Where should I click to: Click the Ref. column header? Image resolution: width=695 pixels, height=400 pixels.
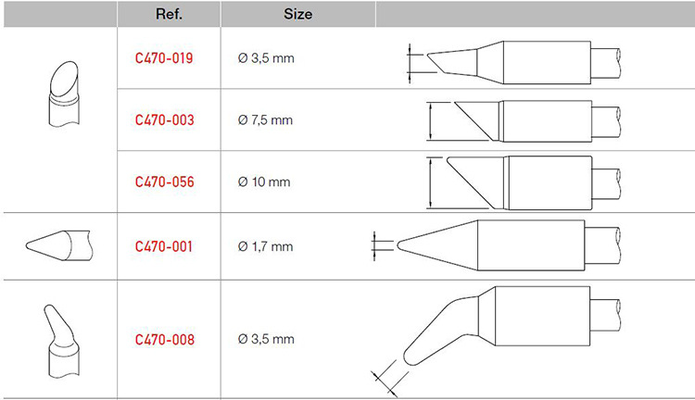(x=169, y=14)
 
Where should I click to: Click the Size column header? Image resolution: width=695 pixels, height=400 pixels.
(x=297, y=14)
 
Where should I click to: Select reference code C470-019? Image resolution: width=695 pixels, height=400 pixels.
(x=164, y=58)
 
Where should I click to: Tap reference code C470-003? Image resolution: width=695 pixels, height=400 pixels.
(x=164, y=120)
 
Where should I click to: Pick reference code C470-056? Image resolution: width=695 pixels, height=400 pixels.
(x=164, y=181)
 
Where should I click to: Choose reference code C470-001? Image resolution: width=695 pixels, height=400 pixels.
(x=163, y=246)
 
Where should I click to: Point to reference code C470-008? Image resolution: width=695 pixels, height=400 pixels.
(x=164, y=339)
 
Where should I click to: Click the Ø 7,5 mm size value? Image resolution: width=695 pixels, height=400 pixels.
(x=265, y=120)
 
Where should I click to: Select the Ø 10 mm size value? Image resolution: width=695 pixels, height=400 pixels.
(x=264, y=181)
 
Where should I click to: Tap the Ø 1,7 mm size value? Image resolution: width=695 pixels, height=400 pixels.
(x=265, y=246)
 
